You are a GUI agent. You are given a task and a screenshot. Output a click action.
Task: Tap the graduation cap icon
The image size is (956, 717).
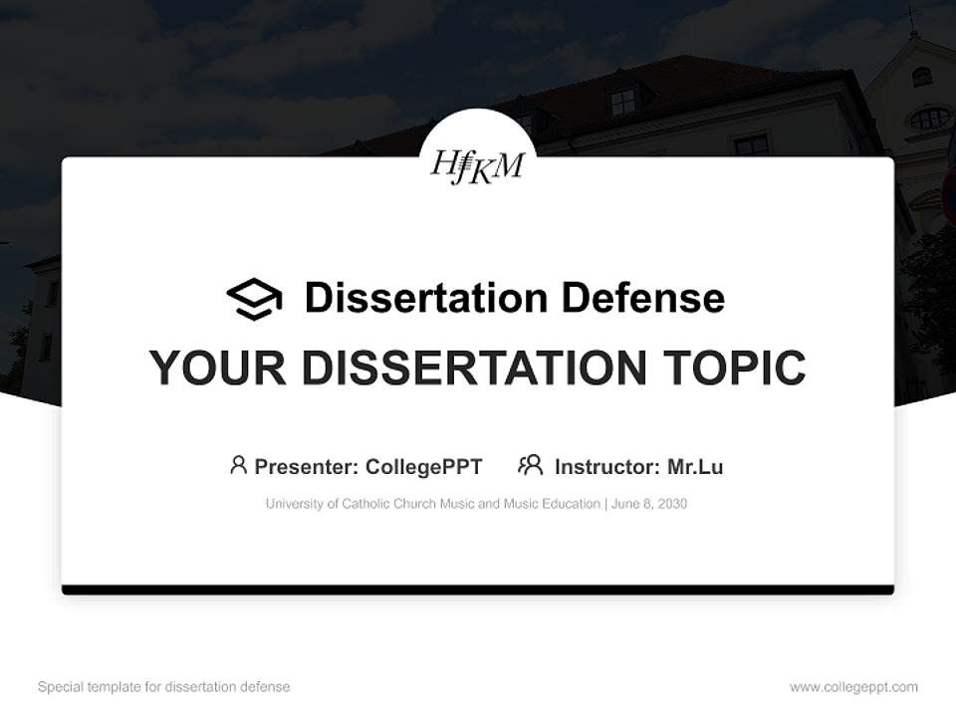tap(254, 299)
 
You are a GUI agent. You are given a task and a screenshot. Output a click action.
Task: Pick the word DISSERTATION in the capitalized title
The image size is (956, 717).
tap(473, 367)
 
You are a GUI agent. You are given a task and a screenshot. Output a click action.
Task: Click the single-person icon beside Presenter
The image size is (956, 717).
tap(238, 465)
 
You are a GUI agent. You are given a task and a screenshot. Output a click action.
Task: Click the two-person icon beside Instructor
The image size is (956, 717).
tap(530, 465)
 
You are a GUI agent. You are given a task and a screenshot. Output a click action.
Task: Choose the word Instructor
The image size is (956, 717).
tap(606, 466)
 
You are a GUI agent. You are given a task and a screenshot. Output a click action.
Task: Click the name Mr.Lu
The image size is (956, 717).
tap(695, 466)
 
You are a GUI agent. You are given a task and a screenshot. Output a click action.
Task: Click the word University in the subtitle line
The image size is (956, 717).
tap(295, 504)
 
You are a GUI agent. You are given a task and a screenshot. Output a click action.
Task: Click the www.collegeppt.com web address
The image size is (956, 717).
tap(853, 687)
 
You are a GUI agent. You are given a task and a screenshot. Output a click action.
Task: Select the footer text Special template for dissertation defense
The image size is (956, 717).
tap(163, 687)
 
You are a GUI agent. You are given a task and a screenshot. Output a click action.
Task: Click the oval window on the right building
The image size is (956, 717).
tap(929, 119)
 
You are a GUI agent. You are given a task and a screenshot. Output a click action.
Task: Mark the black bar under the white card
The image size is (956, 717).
tap(478, 591)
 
